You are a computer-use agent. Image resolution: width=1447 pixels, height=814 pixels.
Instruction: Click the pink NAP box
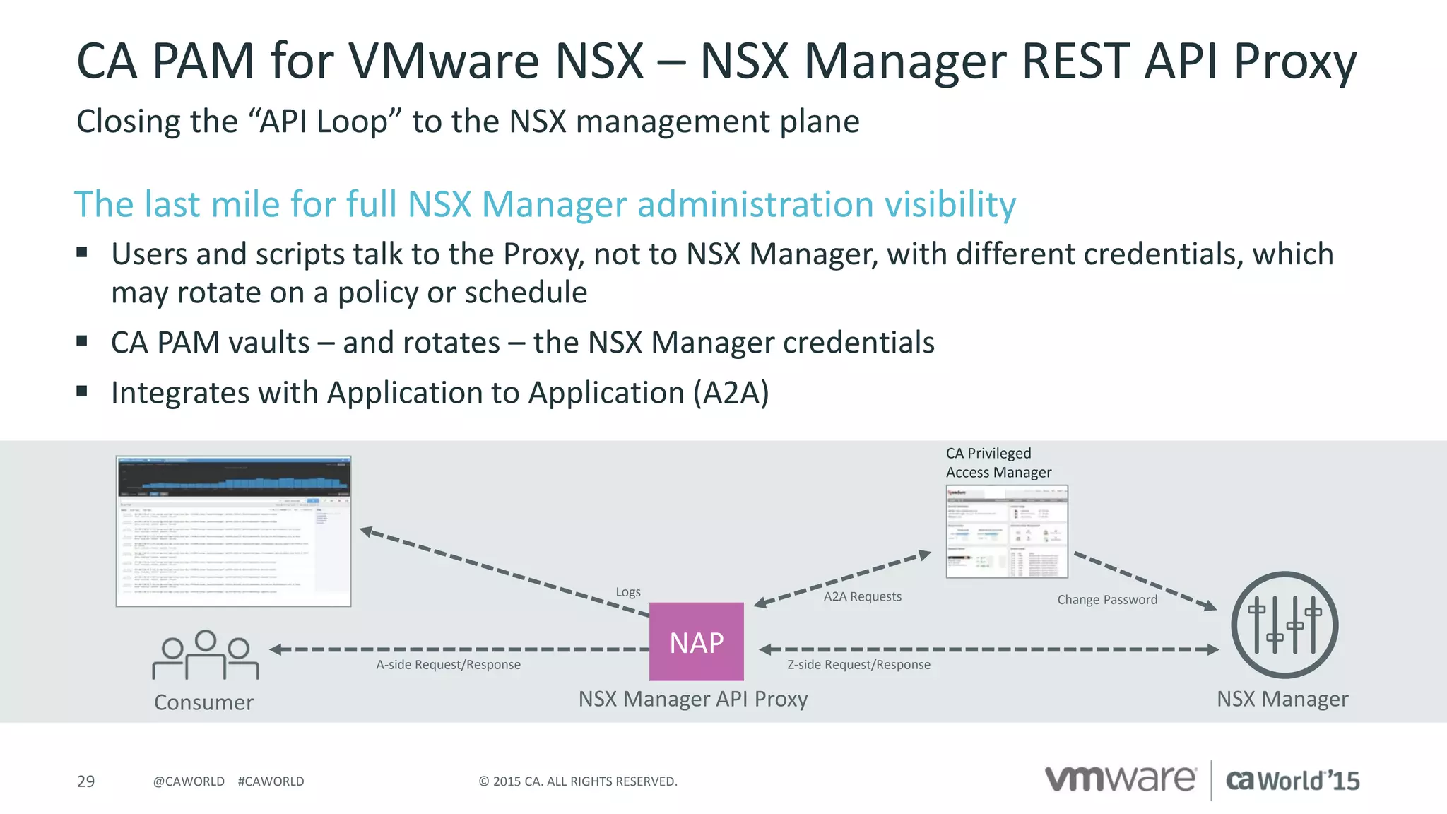click(x=696, y=642)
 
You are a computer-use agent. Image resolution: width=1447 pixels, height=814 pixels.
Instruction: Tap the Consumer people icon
click(x=205, y=655)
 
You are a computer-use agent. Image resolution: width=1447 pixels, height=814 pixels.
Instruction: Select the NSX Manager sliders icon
click(x=1284, y=625)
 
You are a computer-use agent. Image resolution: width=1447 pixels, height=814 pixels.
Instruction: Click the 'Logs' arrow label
click(x=628, y=592)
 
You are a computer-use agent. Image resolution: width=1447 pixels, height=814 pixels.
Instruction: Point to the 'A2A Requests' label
click(x=862, y=596)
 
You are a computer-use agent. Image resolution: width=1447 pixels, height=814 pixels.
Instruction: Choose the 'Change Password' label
click(x=1107, y=600)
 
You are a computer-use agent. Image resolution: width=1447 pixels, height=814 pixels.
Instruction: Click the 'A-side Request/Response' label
click(x=448, y=665)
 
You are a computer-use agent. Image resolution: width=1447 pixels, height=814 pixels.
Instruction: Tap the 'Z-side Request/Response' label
click(x=858, y=665)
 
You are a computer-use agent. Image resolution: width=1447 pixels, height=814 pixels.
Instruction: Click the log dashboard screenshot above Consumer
click(x=233, y=531)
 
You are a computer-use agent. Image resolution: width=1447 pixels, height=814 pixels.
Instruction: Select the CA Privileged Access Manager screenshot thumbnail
click(x=1007, y=531)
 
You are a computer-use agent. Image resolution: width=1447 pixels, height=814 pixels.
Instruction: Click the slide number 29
click(x=85, y=781)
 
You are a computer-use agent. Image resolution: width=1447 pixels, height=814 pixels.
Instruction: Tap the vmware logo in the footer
click(x=1120, y=779)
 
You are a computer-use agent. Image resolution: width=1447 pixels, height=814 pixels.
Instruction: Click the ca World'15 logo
click(x=1292, y=781)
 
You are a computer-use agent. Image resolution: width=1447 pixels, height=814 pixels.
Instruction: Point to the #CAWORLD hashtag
click(x=271, y=781)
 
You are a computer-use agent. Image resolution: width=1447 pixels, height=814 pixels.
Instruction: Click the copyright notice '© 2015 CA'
click(x=577, y=781)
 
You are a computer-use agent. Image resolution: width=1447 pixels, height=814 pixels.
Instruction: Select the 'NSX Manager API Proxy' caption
click(x=692, y=699)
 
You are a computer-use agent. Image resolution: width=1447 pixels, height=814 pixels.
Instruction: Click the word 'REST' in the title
click(x=1077, y=61)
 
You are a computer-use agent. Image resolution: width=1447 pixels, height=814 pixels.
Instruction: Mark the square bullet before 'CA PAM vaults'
click(x=82, y=341)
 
